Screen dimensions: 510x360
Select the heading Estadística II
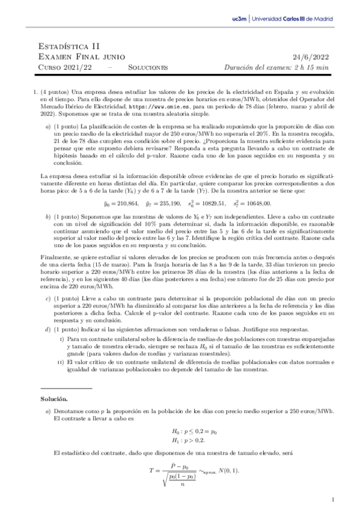69,45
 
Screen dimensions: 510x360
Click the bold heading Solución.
54,399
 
